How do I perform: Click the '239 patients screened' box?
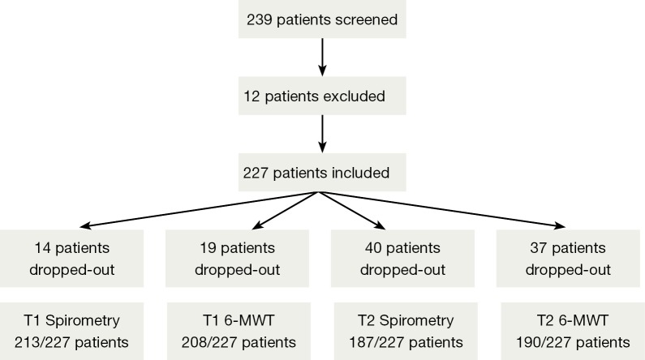(322, 19)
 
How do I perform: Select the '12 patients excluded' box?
(322, 96)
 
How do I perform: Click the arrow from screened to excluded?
(322, 57)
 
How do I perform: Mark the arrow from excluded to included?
(322, 134)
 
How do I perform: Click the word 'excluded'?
(354, 96)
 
